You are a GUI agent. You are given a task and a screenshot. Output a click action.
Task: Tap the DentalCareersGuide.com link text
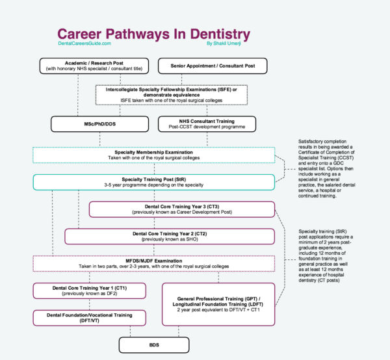point(84,44)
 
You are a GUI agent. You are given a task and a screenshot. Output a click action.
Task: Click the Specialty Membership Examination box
point(153,155)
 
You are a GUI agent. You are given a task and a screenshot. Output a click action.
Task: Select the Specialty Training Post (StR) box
point(153,182)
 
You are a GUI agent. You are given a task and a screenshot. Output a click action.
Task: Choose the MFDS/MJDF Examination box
point(153,263)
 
